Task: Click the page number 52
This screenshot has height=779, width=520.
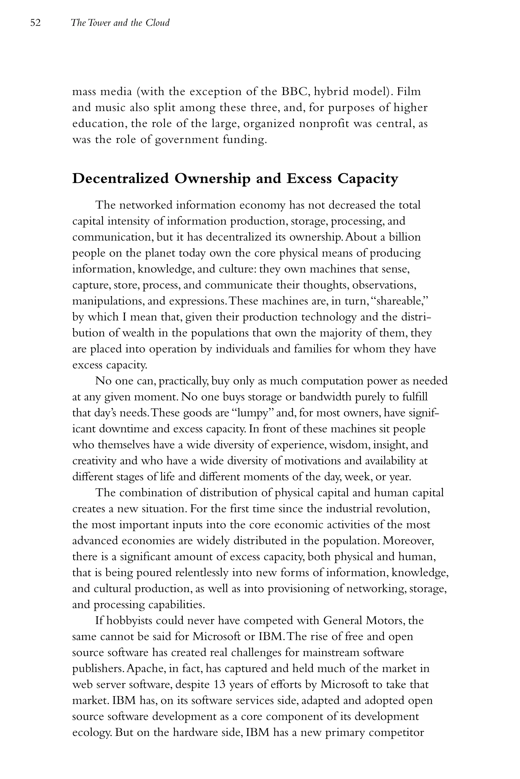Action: coord(36,23)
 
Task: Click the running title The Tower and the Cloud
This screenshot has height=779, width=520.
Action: coord(120,23)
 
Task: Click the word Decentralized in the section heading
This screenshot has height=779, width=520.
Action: coord(120,179)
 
